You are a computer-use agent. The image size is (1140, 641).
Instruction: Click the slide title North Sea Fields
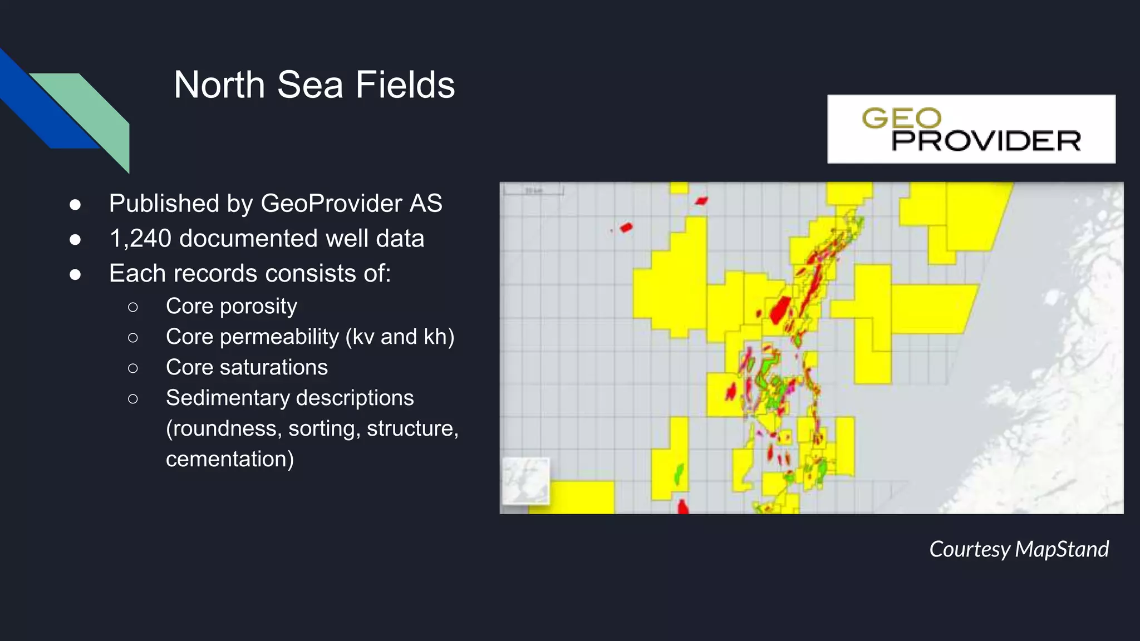point(314,85)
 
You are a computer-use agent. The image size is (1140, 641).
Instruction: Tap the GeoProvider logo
point(971,129)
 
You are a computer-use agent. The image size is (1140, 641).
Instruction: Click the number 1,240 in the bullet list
point(140,239)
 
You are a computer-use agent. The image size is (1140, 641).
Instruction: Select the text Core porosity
point(231,306)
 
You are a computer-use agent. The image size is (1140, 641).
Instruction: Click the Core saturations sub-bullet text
point(247,367)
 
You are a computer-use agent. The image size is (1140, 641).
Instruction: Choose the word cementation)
point(229,459)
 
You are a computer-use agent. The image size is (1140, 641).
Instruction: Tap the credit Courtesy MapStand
point(1019,549)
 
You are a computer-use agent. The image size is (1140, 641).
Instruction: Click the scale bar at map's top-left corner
point(533,191)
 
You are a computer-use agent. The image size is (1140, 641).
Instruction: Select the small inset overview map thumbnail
point(525,481)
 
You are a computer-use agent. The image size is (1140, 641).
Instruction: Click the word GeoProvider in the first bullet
point(331,204)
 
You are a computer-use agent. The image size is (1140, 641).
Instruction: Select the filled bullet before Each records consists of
point(75,274)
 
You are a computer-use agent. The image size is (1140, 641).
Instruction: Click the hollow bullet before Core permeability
point(132,337)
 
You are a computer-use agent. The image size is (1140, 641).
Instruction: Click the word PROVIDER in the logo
point(986,141)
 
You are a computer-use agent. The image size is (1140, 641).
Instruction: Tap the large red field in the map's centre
point(780,310)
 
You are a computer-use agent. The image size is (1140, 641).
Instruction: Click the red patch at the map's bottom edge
point(682,507)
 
